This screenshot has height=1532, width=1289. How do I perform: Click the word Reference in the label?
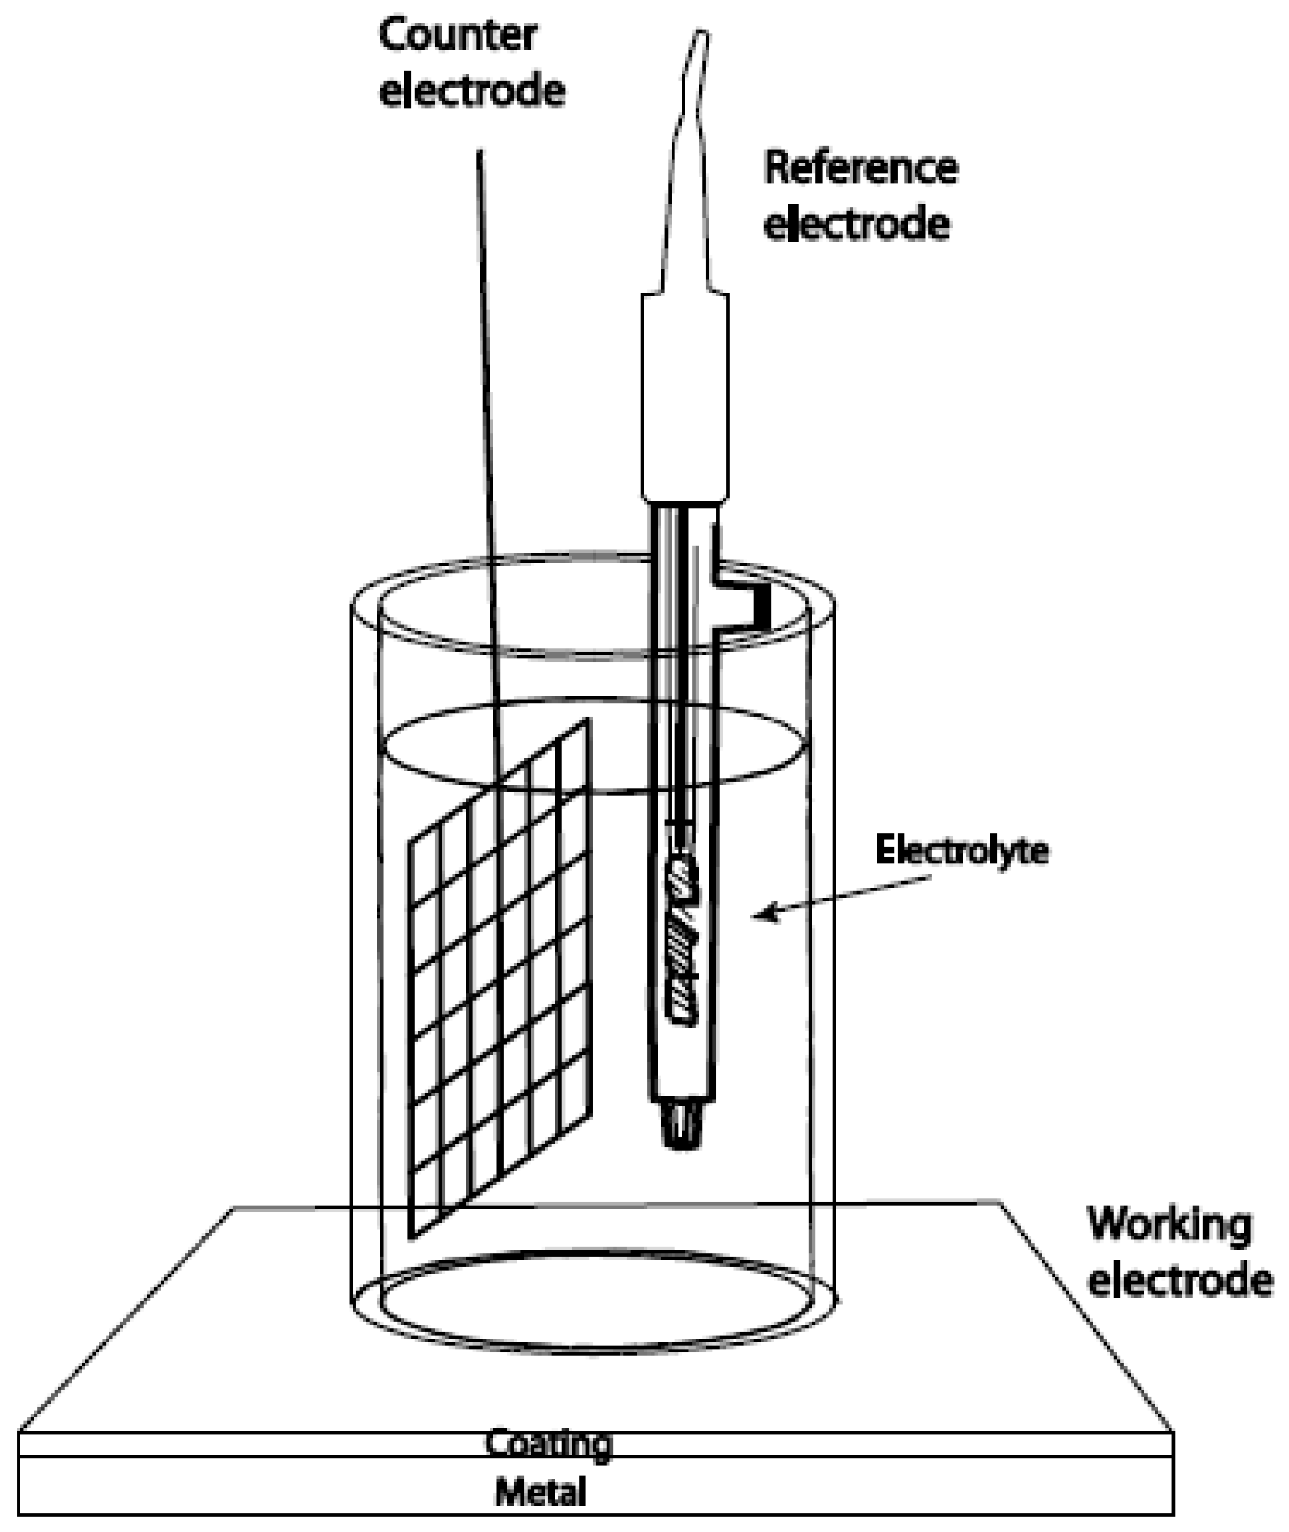861,169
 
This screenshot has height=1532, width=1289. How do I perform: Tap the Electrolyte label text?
961,850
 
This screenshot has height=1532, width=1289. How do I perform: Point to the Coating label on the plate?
548,1444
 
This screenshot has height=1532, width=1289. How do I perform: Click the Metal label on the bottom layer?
542,1492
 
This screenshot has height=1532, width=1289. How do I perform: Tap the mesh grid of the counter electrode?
501,979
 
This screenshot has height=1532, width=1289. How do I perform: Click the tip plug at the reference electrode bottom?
681,1127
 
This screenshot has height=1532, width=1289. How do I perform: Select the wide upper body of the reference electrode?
685,399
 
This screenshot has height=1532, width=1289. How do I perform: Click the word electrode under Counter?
472,92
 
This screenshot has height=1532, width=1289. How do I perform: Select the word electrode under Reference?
856,224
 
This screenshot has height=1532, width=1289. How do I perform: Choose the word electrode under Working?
1180,1282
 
